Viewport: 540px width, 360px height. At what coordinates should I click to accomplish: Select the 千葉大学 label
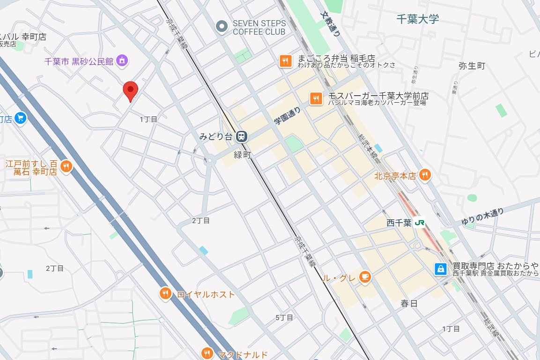pos(417,19)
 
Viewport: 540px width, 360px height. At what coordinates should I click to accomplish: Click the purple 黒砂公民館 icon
pos(122,61)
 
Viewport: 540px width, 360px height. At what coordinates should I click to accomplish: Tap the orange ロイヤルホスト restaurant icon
pos(165,294)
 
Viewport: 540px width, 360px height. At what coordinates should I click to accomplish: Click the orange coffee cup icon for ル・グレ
pos(365,277)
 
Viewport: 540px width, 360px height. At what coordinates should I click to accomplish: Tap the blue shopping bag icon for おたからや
pos(440,269)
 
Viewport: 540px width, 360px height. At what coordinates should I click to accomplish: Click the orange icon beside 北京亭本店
pos(425,175)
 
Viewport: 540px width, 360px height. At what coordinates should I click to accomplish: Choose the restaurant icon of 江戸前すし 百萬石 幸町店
pos(66,166)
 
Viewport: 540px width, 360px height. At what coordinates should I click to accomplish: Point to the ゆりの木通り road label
pos(482,215)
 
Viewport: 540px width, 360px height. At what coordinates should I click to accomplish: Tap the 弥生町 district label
pos(472,66)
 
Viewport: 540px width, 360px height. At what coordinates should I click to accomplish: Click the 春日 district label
pos(408,303)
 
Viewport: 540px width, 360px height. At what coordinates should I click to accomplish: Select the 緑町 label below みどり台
pos(243,155)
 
